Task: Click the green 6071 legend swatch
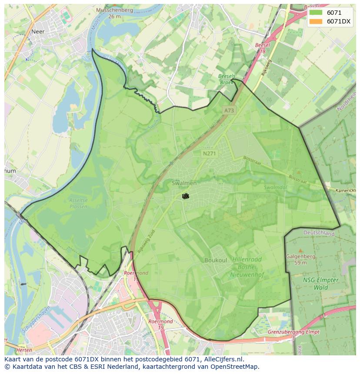tap(316, 13)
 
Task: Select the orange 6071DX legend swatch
tap(316, 21)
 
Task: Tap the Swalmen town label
tap(184, 183)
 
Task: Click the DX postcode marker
tap(185, 196)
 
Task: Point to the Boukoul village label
tap(216, 260)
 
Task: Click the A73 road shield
tap(229, 110)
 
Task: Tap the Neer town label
tap(38, 31)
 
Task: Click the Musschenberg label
tap(115, 10)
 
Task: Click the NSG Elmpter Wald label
tap(321, 283)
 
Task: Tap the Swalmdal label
tap(275, 188)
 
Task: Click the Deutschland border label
tap(319, 233)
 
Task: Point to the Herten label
tap(24, 350)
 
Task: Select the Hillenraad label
tap(247, 259)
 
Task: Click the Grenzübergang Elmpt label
tap(293, 332)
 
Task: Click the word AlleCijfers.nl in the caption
tap(222, 359)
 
